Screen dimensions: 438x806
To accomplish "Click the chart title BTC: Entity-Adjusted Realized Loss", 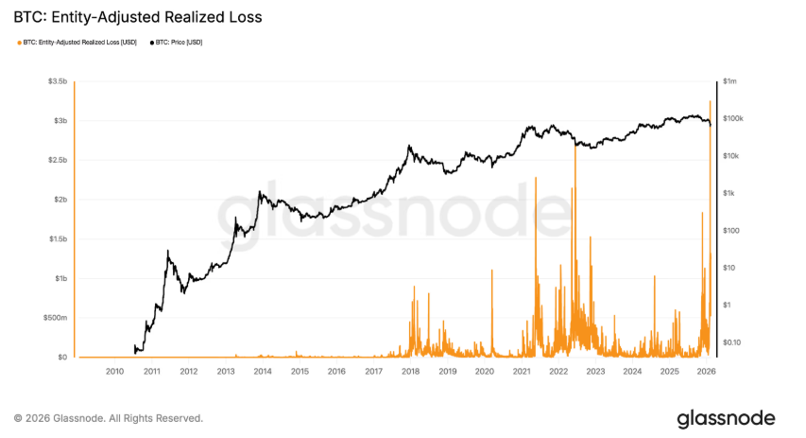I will click(x=137, y=17).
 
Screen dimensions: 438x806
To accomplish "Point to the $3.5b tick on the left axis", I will click(x=56, y=82).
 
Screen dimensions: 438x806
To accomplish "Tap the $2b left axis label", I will click(x=58, y=200).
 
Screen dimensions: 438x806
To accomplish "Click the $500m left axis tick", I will click(x=54, y=318).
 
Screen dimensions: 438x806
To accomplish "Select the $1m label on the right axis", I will click(x=729, y=82).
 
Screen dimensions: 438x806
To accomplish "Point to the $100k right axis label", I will click(x=733, y=119).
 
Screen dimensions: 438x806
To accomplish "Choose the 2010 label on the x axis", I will click(x=114, y=372).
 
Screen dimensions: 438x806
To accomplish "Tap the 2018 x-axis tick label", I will click(x=410, y=372).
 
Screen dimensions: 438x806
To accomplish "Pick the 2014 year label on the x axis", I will click(x=263, y=372).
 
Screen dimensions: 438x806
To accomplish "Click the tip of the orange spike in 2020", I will click(x=492, y=271).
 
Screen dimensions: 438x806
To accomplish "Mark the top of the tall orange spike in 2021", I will click(x=536, y=178).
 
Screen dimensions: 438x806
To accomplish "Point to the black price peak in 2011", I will click(x=167, y=251).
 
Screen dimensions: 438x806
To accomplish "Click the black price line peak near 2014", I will click(x=260, y=192).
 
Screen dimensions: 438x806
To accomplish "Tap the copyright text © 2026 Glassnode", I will click(x=108, y=417).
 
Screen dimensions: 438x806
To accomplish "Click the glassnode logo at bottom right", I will click(x=726, y=417).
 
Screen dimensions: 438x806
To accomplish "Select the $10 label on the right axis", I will click(x=729, y=268).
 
